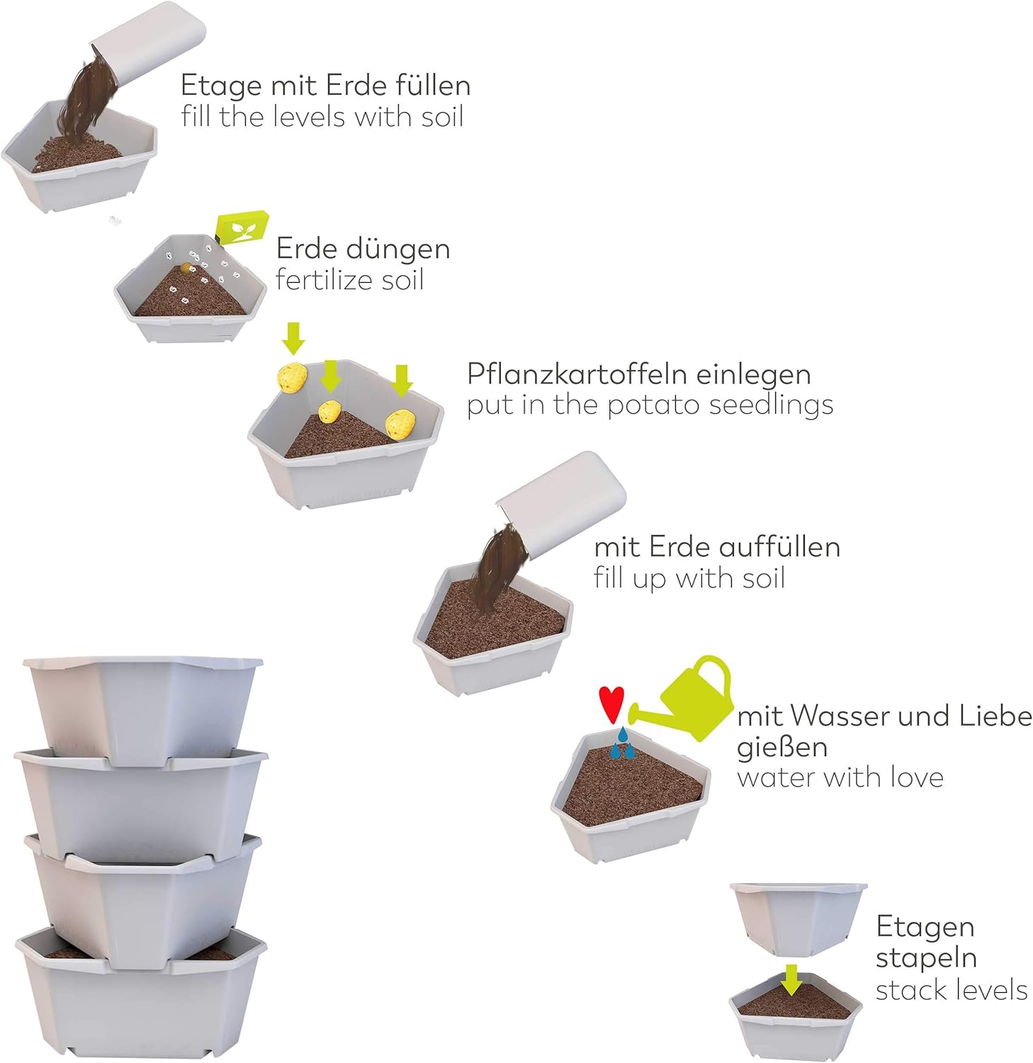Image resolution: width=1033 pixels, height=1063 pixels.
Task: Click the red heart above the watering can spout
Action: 611,703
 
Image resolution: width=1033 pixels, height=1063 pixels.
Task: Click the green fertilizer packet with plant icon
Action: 242,227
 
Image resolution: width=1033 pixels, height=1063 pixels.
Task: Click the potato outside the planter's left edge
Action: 291,377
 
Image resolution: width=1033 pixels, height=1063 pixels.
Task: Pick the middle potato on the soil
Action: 329,411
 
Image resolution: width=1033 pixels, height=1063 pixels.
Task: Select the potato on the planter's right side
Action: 400,423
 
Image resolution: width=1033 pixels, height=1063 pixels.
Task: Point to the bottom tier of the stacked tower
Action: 141,993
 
